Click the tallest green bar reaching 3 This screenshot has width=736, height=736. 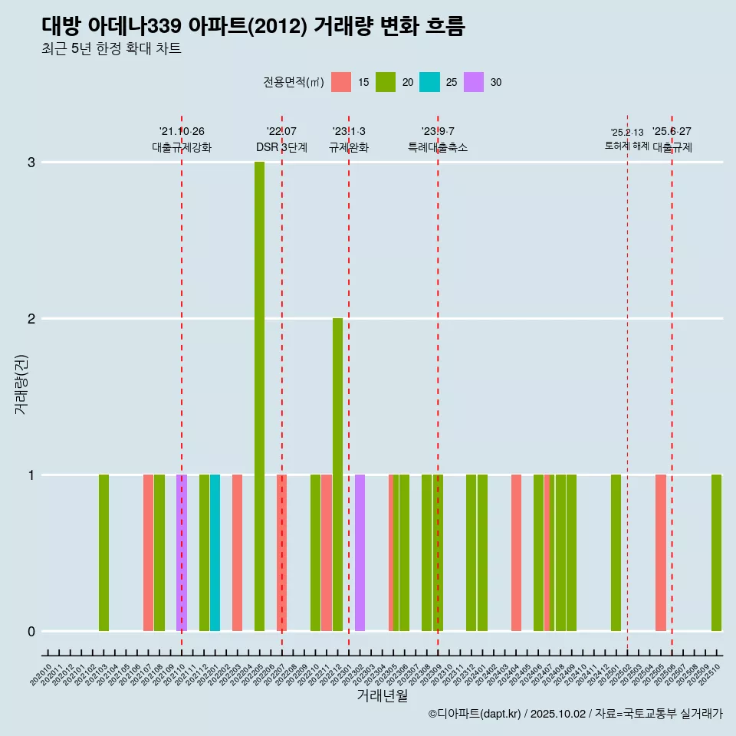coord(259,396)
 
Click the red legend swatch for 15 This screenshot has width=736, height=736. coord(341,82)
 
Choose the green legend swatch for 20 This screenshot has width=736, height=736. coord(386,82)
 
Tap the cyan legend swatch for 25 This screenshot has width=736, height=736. coord(430,82)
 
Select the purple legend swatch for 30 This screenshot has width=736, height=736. coord(474,82)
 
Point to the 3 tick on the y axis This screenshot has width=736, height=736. coord(31,163)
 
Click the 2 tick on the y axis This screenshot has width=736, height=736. coord(31,319)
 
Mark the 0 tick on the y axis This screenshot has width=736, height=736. coord(31,632)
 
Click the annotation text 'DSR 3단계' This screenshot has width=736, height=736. coord(281,147)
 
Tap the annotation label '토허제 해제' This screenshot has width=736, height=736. coord(626,145)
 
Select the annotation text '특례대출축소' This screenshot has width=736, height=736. coord(438,147)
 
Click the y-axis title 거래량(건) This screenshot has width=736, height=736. coord(21,383)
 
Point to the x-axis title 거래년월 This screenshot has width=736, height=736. coord(382,696)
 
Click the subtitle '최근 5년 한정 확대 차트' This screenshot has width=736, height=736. coord(111,49)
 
